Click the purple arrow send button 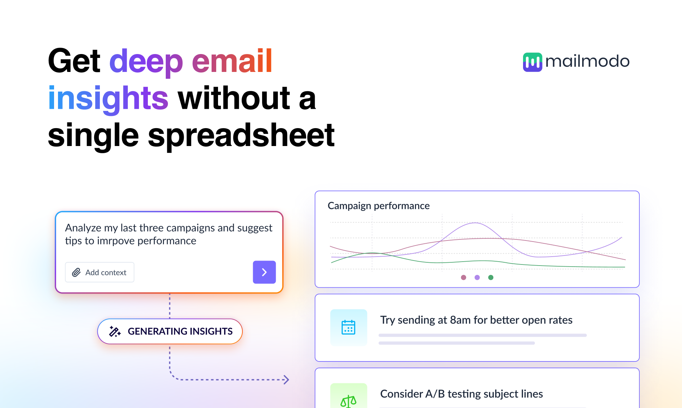point(264,272)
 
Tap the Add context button point(100,272)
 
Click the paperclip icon point(76,272)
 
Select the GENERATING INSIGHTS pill point(170,331)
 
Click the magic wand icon point(115,331)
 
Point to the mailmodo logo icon point(532,62)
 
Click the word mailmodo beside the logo point(587,62)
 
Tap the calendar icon point(348,327)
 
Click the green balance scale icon point(348,400)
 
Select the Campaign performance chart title point(378,206)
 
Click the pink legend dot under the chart point(464,277)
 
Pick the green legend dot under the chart point(491,277)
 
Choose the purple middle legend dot point(477,277)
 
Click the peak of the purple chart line point(475,223)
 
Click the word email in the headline point(232,61)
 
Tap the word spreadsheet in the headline point(241,135)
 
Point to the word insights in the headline point(108,98)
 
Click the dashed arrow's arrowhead point(286,380)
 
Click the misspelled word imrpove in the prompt point(116,241)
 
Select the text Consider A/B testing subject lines point(461,394)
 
